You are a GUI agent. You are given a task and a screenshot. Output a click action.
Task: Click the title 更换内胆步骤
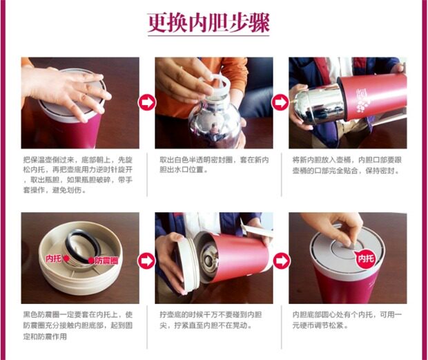tap(208, 23)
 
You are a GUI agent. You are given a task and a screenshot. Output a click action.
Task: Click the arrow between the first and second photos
tap(147, 102)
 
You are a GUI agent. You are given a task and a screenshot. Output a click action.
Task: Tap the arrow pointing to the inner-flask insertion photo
tap(280, 102)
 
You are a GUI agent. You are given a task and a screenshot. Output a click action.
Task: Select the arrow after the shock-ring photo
tap(146, 260)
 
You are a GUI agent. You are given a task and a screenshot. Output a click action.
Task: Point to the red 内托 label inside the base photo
tap(54, 258)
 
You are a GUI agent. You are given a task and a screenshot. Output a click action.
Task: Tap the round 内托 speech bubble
tap(365, 258)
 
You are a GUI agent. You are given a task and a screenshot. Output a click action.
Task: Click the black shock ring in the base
tap(82, 246)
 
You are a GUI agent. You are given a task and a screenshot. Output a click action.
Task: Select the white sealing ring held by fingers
tap(215, 83)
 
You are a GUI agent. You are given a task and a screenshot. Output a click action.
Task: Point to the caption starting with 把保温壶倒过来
tap(78, 175)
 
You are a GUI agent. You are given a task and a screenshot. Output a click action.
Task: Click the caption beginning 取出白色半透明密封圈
tap(214, 164)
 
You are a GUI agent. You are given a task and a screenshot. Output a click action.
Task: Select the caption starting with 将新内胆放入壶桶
tap(347, 165)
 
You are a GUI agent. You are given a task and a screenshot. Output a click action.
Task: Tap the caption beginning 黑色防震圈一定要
tap(78, 325)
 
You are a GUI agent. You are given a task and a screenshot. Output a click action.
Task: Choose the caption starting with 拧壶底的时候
tap(211, 320)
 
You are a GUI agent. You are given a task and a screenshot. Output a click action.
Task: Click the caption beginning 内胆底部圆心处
tap(347, 320)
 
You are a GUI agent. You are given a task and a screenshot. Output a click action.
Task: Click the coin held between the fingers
tap(351, 245)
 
